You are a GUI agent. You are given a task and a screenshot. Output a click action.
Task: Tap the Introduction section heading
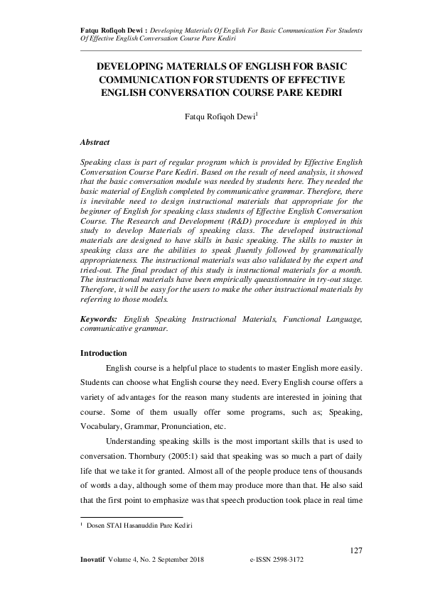pyautogui.click(x=104, y=353)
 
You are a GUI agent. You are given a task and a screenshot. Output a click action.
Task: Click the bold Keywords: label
pyautogui.click(x=100, y=320)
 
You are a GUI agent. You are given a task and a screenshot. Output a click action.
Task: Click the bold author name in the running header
pyautogui.click(x=107, y=31)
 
